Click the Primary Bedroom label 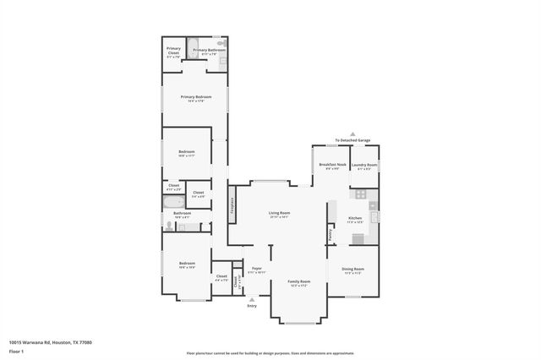pyautogui.click(x=195, y=98)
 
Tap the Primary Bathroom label pyautogui.click(x=209, y=52)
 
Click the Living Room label pyautogui.click(x=279, y=214)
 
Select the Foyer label pyautogui.click(x=256, y=270)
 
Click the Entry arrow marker pyautogui.click(x=252, y=299)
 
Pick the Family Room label pyautogui.click(x=299, y=282)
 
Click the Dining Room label pyautogui.click(x=353, y=270)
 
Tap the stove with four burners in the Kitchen pyautogui.click(x=360, y=194)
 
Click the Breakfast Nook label pyautogui.click(x=331, y=166)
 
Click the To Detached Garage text pyautogui.click(x=352, y=140)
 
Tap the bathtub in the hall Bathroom pyautogui.click(x=188, y=227)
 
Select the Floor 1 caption pyautogui.click(x=17, y=350)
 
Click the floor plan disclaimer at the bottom pyautogui.click(x=270, y=352)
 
